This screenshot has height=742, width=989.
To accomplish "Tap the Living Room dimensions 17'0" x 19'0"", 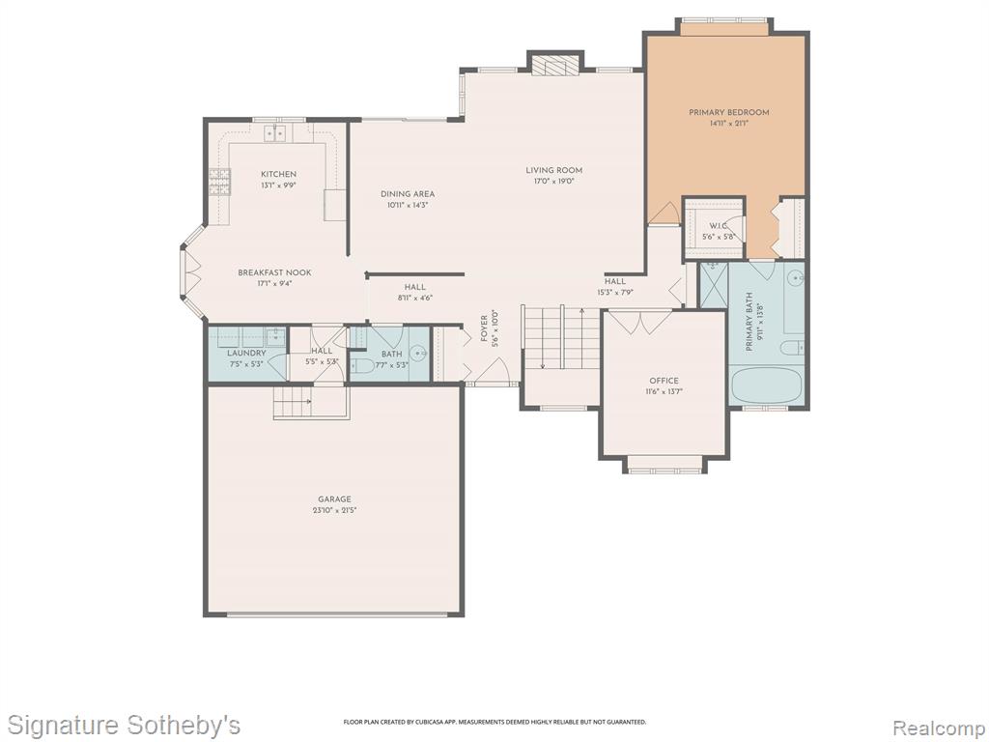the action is (553, 181).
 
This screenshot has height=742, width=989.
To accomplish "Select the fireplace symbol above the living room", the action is (554, 65).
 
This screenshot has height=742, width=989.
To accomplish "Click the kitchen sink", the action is (275, 133).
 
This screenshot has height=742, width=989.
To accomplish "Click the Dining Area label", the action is (408, 194).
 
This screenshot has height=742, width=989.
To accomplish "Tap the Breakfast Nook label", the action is (274, 272).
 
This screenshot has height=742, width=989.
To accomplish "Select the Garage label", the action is (334, 499).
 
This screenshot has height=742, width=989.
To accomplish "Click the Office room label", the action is (664, 381).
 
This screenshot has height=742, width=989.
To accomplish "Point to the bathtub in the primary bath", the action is (766, 385).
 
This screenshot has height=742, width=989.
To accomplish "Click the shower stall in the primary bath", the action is (714, 286).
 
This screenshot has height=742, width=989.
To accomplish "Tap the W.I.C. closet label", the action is (719, 226).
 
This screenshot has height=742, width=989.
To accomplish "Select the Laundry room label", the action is (246, 354).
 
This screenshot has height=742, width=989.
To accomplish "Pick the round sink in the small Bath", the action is (417, 354).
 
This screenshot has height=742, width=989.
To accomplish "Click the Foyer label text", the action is (485, 328).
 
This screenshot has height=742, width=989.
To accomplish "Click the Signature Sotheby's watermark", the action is (124, 725).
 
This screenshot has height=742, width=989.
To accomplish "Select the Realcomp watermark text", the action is (938, 728).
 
